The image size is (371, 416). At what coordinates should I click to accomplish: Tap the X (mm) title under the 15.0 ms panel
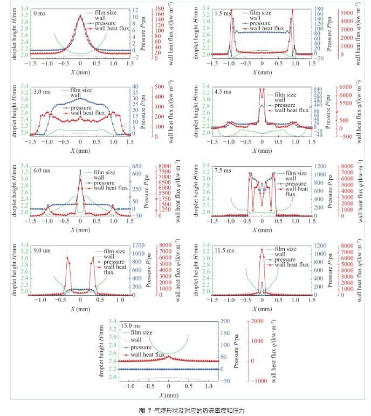(169, 396)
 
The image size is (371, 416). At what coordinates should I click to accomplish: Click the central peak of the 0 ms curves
(80, 16)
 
